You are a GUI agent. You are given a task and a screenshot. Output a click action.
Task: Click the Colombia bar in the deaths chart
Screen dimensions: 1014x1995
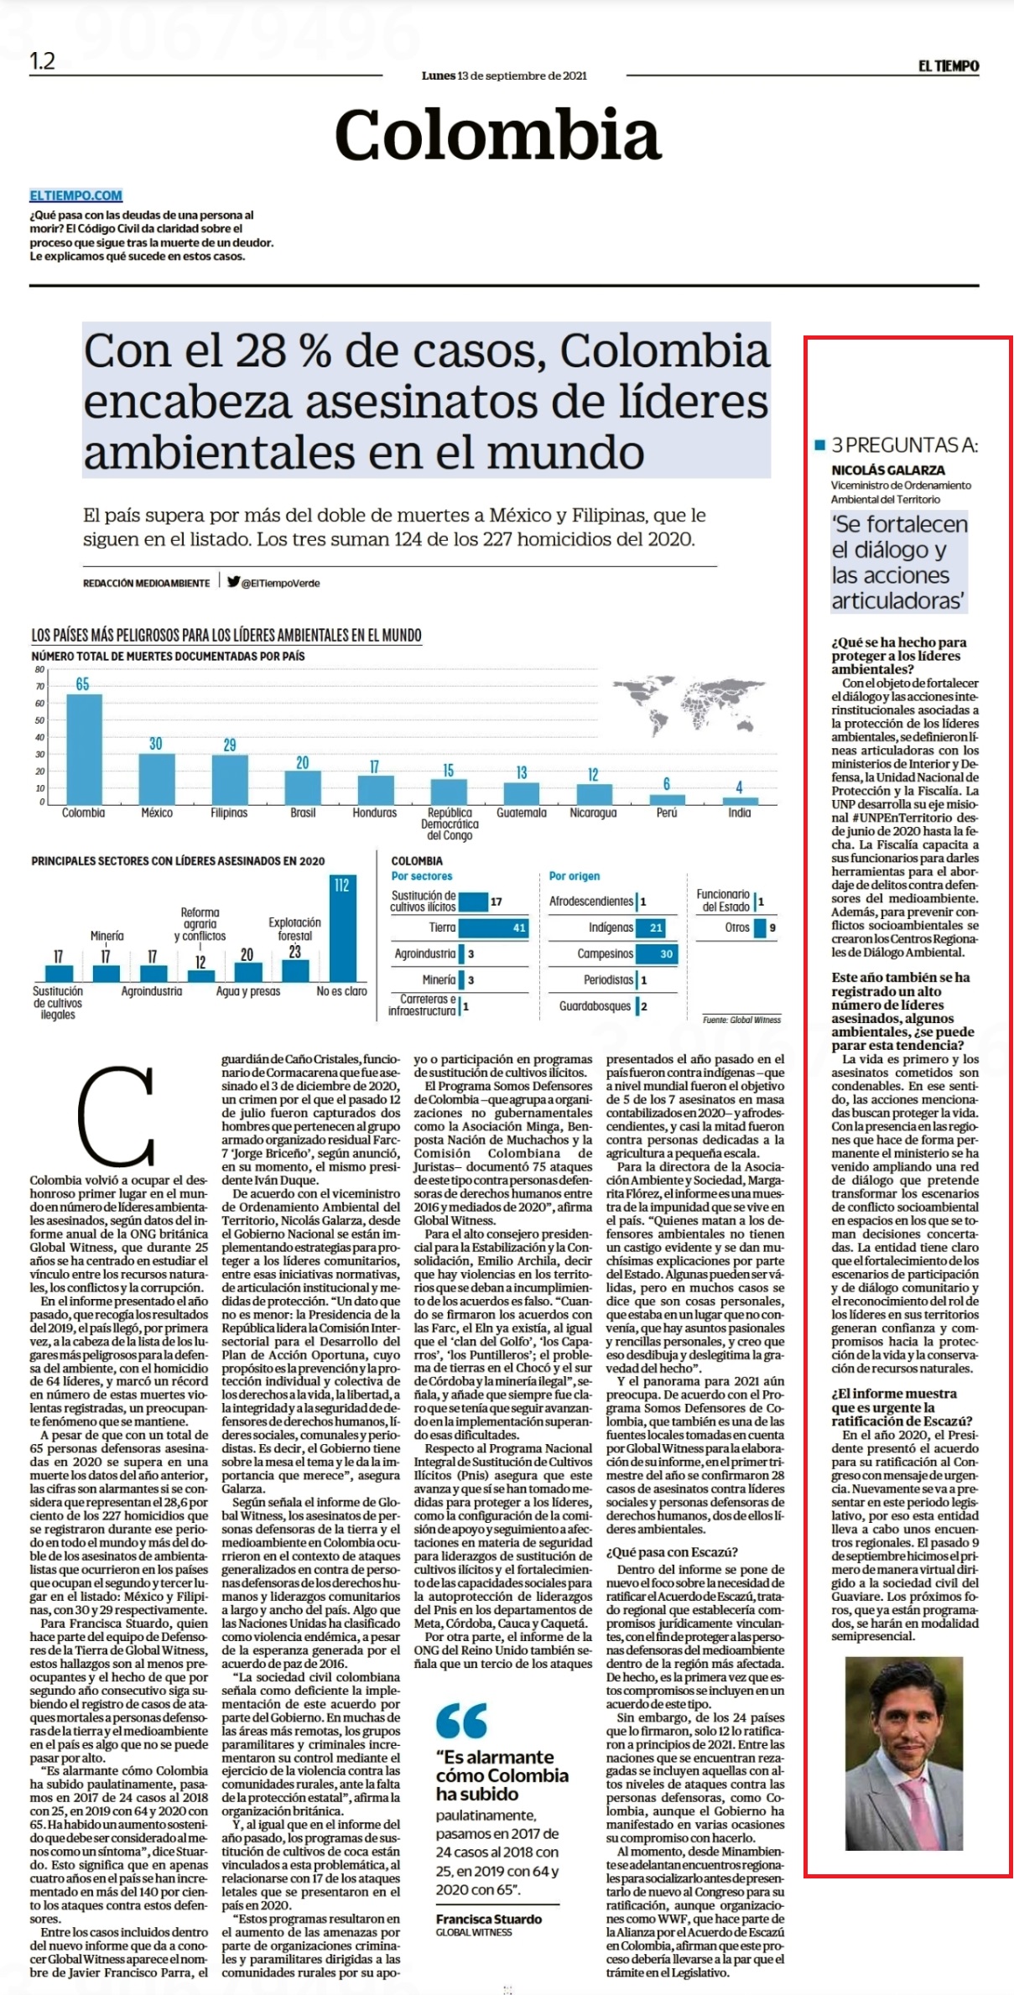tap(84, 749)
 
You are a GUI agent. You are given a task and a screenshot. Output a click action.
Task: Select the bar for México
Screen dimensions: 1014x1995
tap(157, 779)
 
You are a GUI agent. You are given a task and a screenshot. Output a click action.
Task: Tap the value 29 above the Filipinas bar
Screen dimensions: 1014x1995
tap(230, 745)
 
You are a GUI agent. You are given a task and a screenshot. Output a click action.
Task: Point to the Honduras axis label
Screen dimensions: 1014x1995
tap(374, 813)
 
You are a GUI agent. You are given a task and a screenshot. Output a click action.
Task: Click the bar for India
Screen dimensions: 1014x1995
tap(740, 801)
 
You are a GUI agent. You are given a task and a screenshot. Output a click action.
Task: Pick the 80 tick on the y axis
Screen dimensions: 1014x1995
tap(39, 669)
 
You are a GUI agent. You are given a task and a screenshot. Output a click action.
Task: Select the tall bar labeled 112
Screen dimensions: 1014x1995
tap(341, 927)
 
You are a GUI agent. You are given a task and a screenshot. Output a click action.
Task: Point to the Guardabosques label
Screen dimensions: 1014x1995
tap(595, 1006)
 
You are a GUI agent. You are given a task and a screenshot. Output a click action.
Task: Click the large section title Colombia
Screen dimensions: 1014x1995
tap(498, 135)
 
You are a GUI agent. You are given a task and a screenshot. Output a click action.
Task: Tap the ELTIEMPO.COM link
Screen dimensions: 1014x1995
tap(76, 195)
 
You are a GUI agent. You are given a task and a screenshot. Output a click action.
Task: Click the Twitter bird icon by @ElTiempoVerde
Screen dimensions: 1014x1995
tap(233, 581)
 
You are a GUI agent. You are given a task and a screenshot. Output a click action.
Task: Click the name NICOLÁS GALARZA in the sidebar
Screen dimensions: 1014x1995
tap(888, 470)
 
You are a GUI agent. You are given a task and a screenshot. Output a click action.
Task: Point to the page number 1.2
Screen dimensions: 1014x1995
tap(43, 61)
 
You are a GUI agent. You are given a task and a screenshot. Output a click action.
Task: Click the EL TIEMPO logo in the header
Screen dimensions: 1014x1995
tap(949, 65)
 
